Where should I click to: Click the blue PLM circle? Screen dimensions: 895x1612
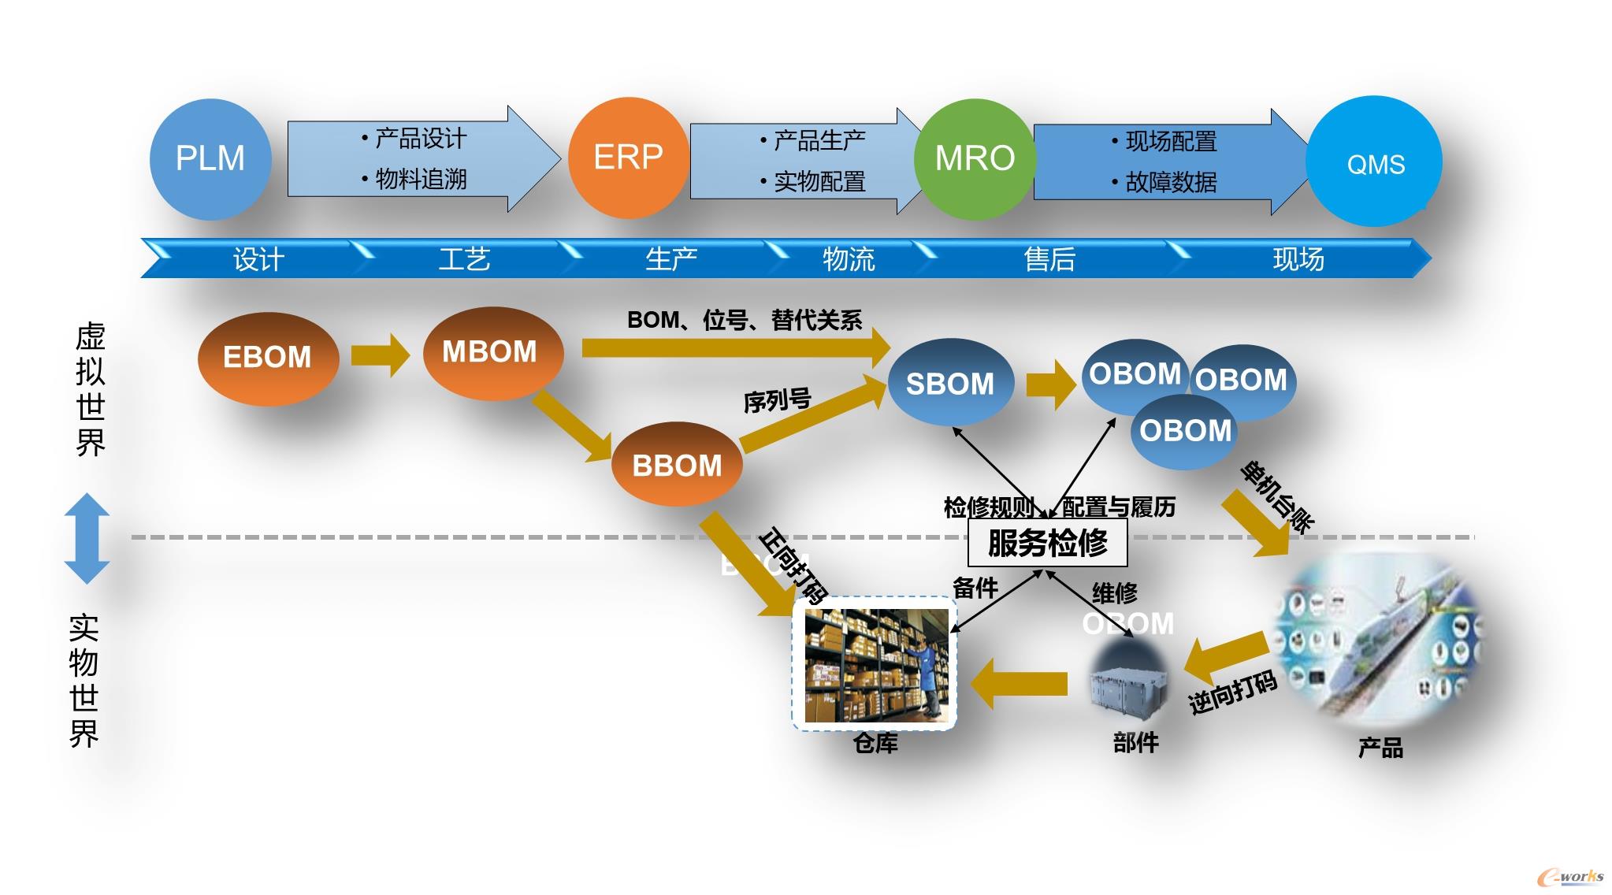coord(210,158)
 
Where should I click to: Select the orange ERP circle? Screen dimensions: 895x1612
coord(628,158)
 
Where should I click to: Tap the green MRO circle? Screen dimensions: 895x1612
coord(975,158)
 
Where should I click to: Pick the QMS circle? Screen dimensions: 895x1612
coord(1375,162)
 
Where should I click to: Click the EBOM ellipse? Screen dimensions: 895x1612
coord(268,358)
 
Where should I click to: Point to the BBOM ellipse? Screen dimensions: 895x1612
coord(677,465)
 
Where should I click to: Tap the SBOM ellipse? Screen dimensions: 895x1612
coord(950,384)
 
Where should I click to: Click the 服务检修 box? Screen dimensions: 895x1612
coord(1047,543)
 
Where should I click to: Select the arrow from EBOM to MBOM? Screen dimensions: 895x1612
coord(381,355)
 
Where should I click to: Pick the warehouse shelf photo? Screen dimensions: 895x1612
coord(875,665)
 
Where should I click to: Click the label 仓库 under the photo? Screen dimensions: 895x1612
coord(875,743)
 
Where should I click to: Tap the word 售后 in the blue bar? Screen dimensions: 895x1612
coord(1049,259)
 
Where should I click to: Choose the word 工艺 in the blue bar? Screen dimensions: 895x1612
coord(464,259)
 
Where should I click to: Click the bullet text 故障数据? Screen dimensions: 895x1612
coord(1171,183)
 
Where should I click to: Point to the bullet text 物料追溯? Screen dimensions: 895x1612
coord(421,180)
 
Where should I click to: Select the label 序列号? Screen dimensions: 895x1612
coord(777,401)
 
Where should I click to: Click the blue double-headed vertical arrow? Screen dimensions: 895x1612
coord(87,538)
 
